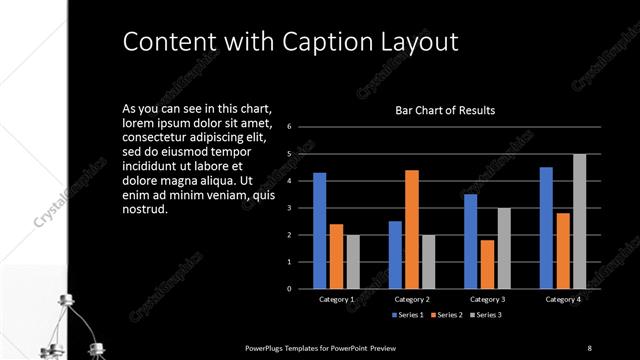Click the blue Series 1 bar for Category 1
click(319, 231)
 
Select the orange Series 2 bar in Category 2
click(411, 229)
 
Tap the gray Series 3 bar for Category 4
click(579, 221)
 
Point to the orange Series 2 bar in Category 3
click(487, 264)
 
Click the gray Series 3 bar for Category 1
click(352, 262)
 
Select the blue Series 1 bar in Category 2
click(395, 255)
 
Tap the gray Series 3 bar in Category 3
click(504, 248)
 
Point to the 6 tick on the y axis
click(289, 127)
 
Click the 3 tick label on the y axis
click(289, 208)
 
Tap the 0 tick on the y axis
click(289, 289)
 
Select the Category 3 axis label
click(487, 299)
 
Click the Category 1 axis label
click(336, 299)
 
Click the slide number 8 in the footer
click(590, 347)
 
